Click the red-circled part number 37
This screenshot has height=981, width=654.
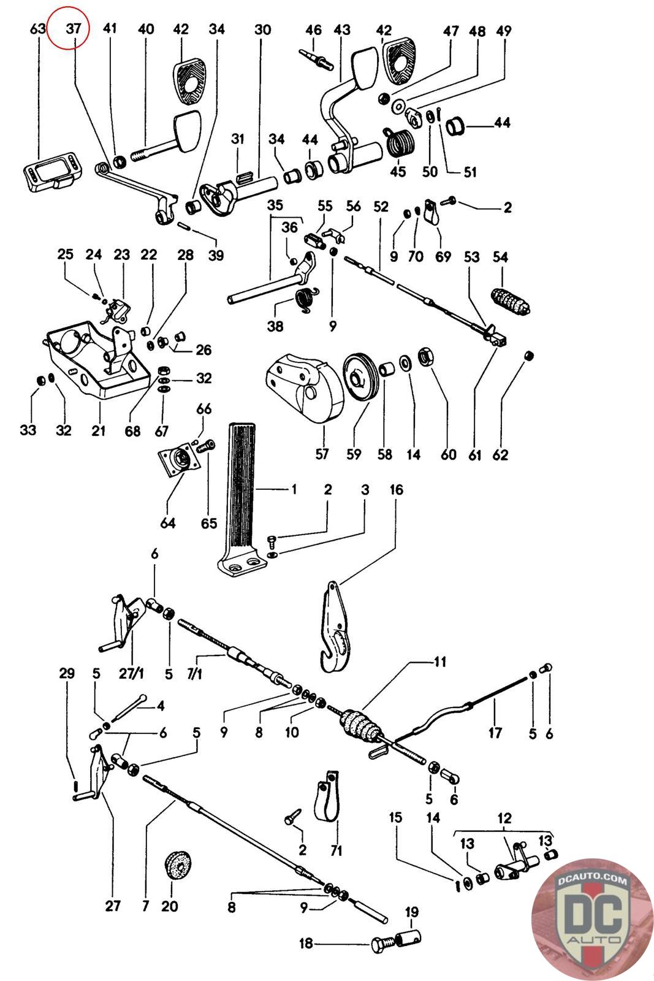(74, 28)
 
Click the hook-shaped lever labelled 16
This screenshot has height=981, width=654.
(336, 632)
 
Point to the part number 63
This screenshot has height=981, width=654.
(37, 28)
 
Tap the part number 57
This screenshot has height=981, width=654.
(321, 454)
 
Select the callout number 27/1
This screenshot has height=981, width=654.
(131, 674)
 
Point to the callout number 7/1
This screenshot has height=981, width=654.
(194, 674)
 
